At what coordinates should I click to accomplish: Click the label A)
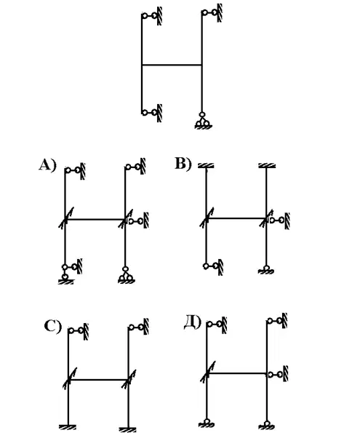point(48,165)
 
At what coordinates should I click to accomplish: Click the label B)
point(183,164)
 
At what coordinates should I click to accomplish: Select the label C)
point(53,326)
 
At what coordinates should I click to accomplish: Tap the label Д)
point(193,322)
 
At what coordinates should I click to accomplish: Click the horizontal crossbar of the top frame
point(172,65)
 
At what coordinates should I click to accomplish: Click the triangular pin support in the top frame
point(203,121)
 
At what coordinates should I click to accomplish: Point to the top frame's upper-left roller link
point(152,16)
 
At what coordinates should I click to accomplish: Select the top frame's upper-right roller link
point(212,12)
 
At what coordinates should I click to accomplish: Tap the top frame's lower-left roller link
point(152,113)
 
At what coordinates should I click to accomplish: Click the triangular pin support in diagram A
point(127,275)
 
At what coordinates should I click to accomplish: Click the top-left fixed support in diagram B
point(206,166)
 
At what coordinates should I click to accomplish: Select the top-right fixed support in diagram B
point(267,166)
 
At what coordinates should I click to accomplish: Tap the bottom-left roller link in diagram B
point(213,266)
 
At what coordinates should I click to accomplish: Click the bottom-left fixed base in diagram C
point(68,427)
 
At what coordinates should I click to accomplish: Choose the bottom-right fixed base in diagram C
point(127,429)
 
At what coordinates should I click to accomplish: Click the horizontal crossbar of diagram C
point(98,380)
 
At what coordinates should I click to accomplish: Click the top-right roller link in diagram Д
point(277,321)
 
